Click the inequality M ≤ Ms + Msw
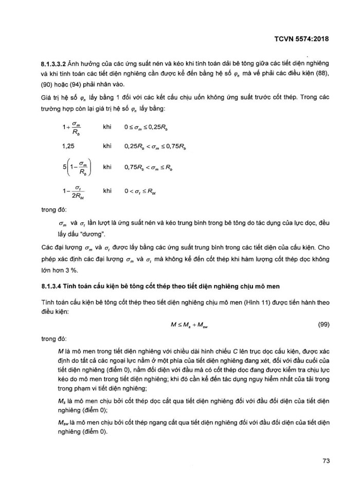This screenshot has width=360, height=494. click(x=188, y=326)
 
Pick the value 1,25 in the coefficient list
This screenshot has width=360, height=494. click(x=67, y=147)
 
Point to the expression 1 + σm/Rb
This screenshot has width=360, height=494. click(x=72, y=127)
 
